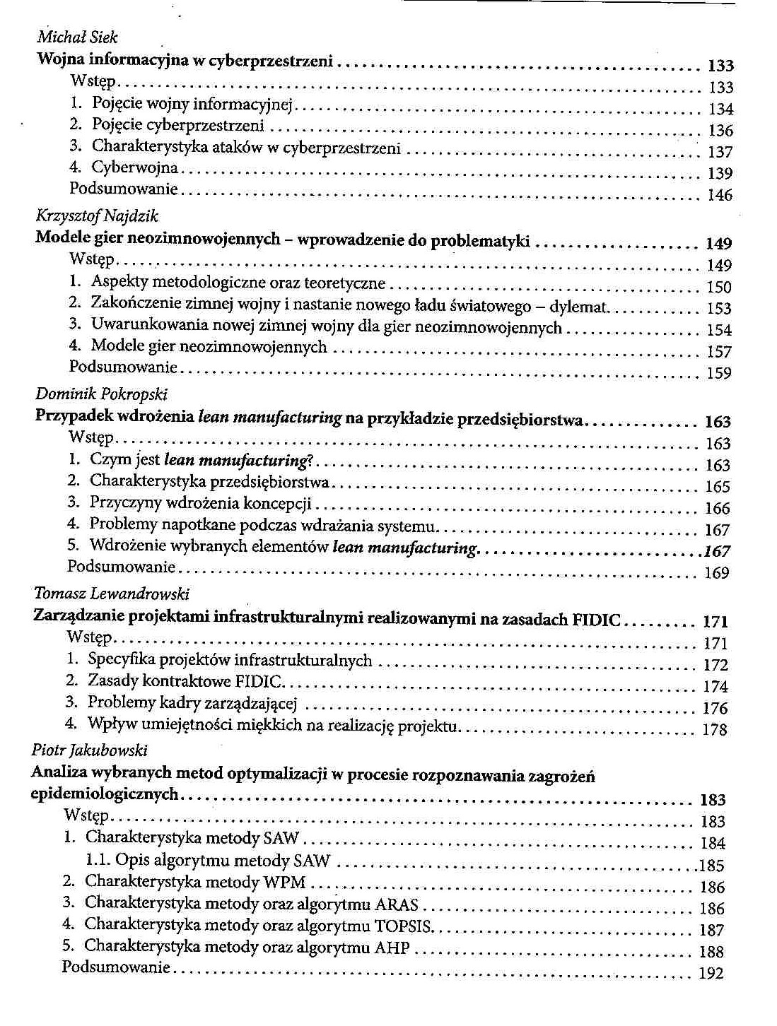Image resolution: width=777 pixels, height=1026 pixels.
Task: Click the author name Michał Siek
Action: pos(77,38)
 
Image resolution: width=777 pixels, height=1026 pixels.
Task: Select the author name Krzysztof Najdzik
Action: pos(97,216)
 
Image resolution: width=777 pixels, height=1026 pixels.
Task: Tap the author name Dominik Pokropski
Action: pos(101,394)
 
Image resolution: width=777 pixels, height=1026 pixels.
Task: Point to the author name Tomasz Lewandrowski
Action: pos(111,594)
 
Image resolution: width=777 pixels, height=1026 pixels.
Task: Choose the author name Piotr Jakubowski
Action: pos(90,750)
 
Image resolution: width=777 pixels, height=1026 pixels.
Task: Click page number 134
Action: pos(720,110)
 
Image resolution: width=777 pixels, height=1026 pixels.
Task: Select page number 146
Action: pos(720,195)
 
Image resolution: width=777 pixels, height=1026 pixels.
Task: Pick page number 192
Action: pos(711,974)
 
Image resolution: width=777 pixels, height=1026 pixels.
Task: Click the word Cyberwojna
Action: pos(135,168)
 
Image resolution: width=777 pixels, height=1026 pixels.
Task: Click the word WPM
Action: pos(284,883)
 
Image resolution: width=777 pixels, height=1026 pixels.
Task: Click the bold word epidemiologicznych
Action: pos(105,795)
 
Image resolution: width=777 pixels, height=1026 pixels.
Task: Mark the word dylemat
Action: pos(582,307)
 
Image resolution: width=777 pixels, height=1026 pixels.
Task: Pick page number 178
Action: pos(715,729)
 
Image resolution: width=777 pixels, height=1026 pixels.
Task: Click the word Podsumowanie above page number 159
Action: pos(123,367)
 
